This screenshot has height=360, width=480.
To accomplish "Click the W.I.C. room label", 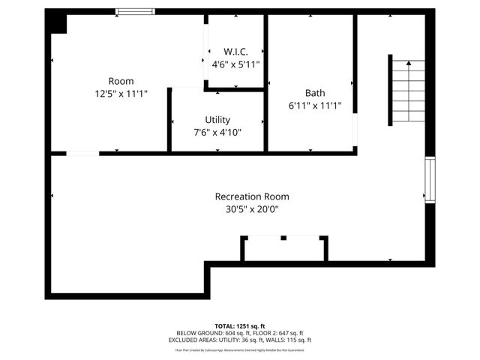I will tap(235, 52).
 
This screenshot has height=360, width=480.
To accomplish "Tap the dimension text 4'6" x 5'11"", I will tap(235, 64).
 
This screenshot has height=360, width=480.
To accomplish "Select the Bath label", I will tap(315, 93).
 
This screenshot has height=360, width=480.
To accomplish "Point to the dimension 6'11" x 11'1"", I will tap(315, 106).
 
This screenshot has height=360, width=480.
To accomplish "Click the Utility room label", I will tap(217, 120).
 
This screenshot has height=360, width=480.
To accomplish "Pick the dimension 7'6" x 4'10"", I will tap(217, 133).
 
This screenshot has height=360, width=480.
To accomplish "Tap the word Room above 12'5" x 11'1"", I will tap(121, 81).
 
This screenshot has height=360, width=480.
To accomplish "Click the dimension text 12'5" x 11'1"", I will tap(121, 94).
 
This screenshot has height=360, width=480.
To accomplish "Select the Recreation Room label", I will tap(251, 196).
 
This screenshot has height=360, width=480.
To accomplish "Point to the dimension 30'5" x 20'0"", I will tap(251, 210).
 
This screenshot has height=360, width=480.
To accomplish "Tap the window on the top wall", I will tap(136, 11).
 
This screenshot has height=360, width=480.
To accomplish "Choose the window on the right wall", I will tap(430, 180).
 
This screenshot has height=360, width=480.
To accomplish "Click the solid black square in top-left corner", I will tap(56, 22).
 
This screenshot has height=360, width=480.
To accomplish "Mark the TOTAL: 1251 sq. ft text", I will tap(239, 326).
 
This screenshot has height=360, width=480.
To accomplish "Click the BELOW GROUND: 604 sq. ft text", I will tap(207, 334).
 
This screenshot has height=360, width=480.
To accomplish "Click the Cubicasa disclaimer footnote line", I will tap(239, 349).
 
